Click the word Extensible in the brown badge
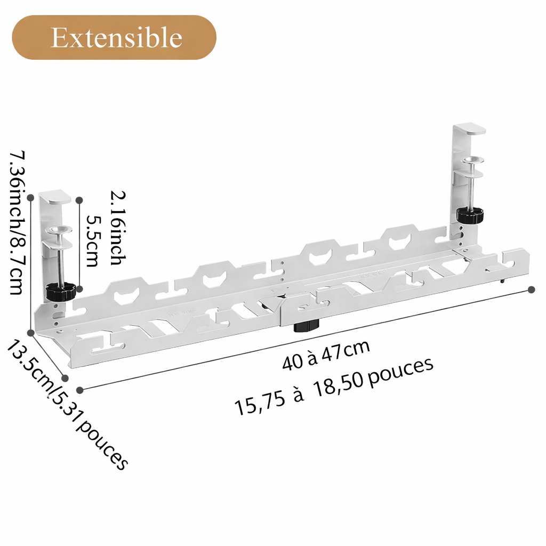(x=116, y=37)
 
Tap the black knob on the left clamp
(x=61, y=292)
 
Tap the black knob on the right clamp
(x=470, y=215)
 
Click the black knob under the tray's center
(x=307, y=326)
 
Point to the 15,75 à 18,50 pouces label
(x=334, y=386)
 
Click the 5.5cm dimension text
(x=93, y=241)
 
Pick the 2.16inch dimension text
(x=118, y=228)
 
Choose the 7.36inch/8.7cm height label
(x=17, y=223)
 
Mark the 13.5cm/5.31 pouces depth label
(x=67, y=405)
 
